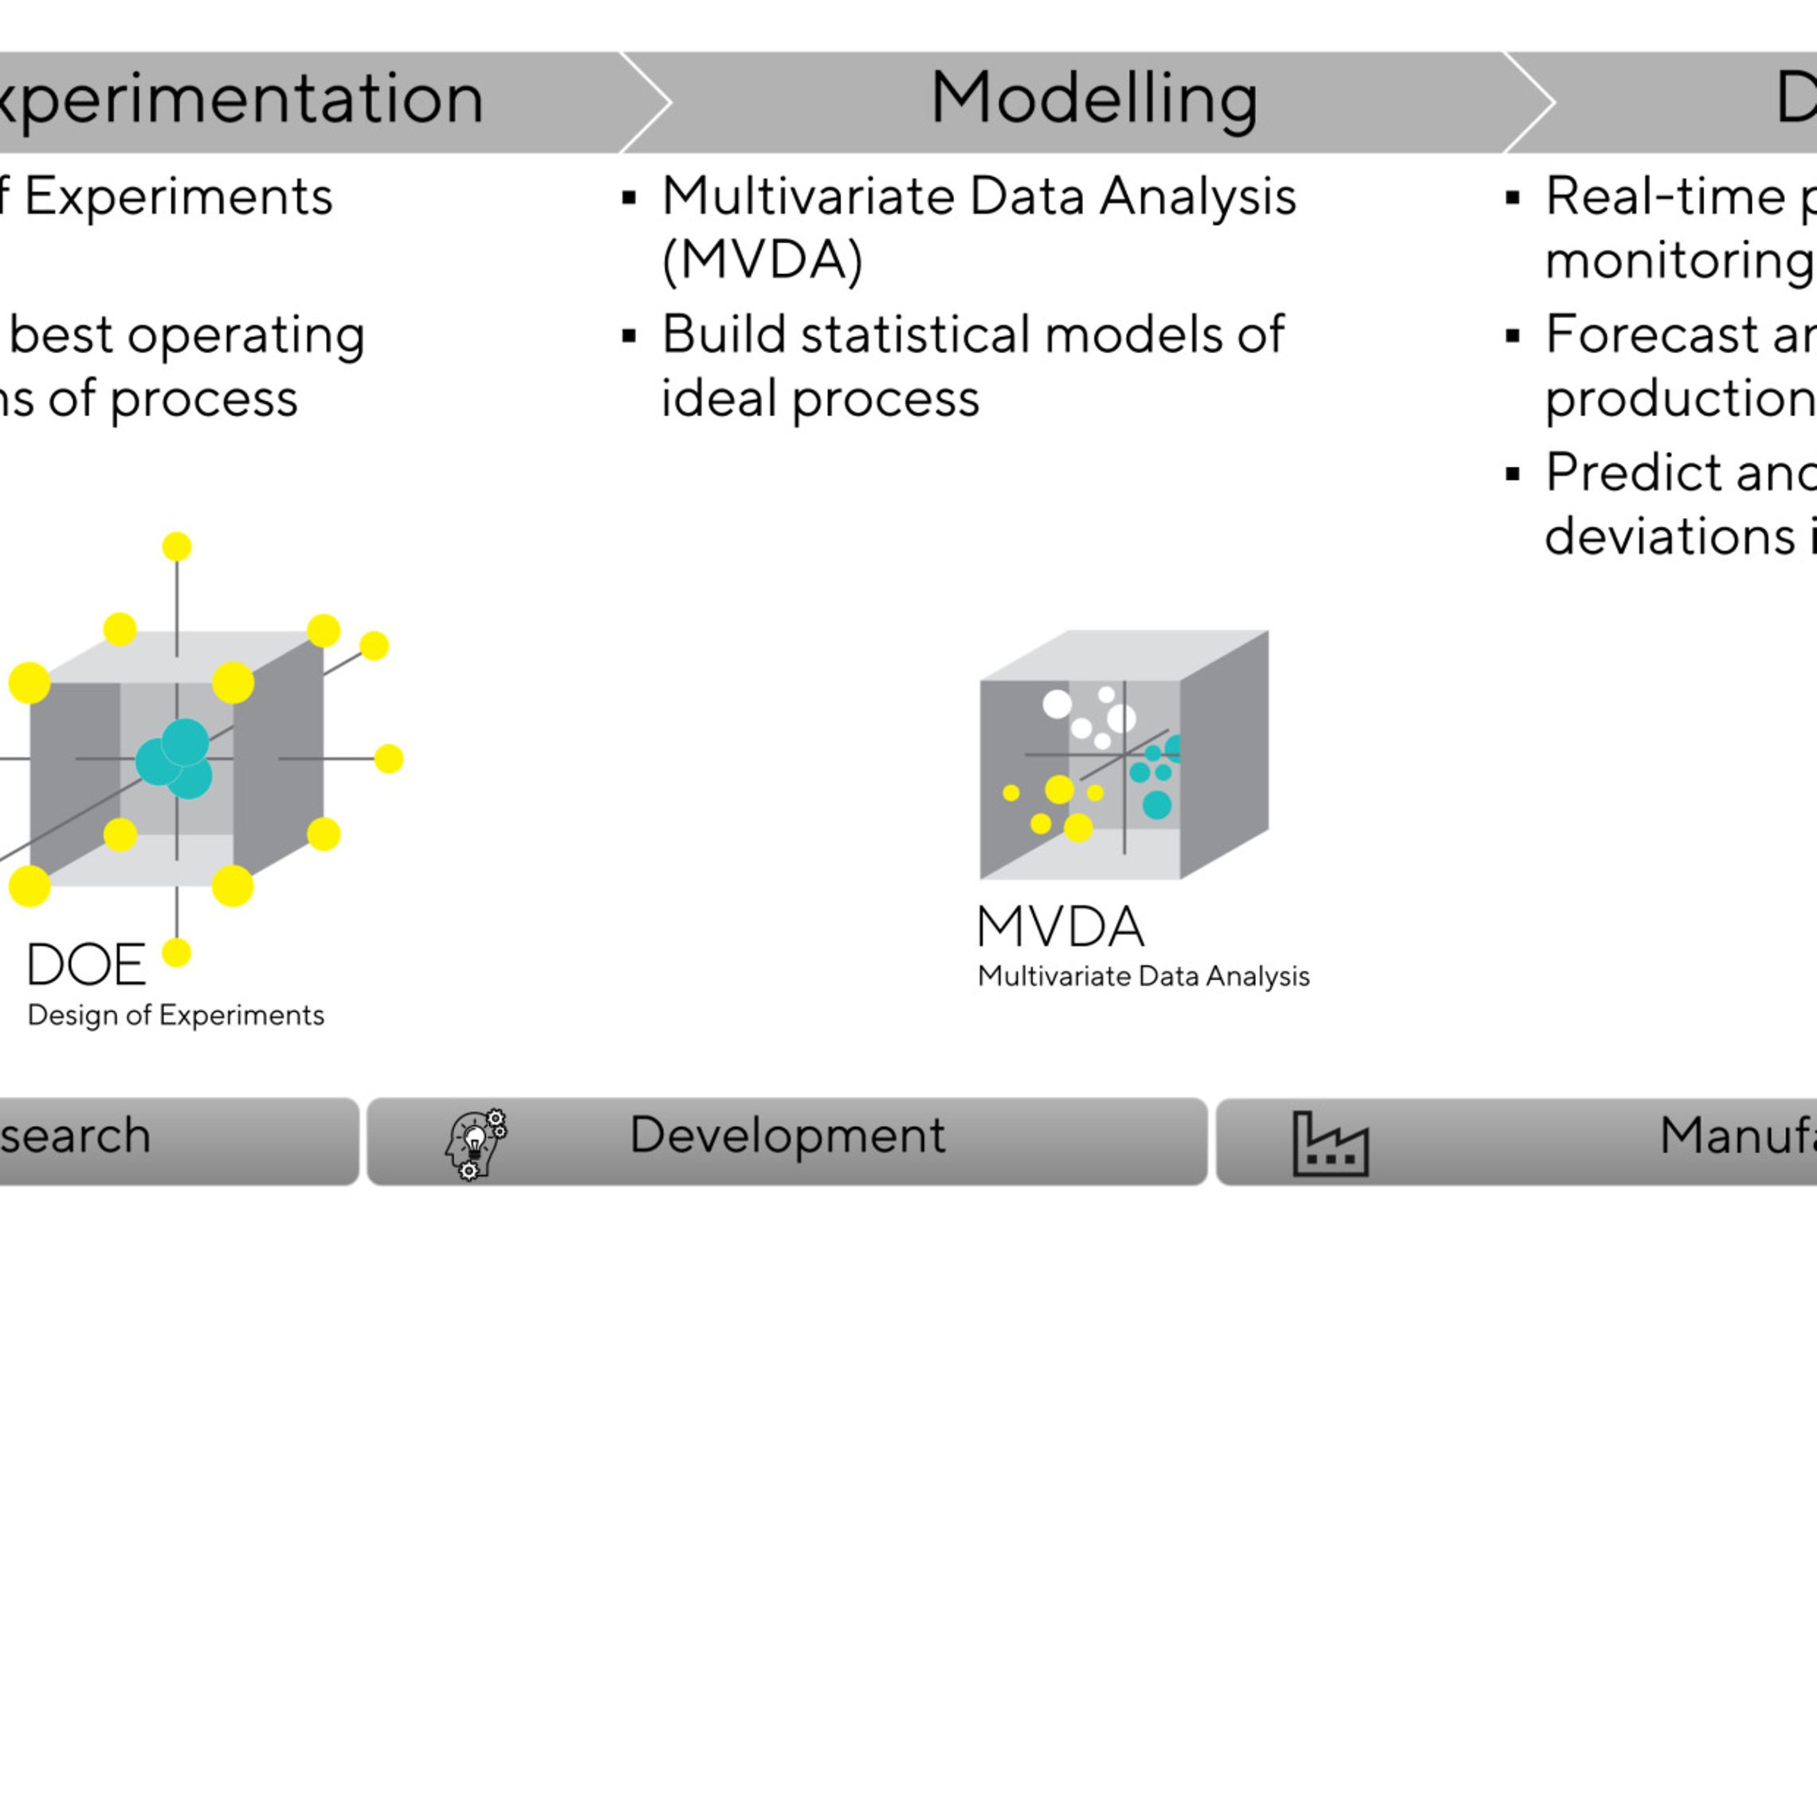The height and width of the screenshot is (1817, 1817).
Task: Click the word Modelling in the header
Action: (1093, 99)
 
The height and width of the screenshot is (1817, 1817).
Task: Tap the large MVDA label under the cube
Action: (1061, 928)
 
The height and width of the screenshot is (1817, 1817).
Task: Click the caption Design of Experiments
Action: (176, 1014)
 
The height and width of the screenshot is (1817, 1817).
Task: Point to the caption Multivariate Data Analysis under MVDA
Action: (1143, 976)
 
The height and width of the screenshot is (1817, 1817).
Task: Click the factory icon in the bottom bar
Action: (1330, 1143)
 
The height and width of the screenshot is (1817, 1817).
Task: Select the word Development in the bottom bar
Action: (787, 1135)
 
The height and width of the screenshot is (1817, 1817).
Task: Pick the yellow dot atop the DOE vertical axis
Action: (177, 547)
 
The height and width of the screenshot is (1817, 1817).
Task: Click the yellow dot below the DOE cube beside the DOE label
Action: (177, 952)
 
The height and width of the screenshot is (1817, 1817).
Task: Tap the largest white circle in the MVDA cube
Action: (1121, 719)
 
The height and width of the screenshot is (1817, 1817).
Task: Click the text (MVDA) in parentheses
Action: (762, 260)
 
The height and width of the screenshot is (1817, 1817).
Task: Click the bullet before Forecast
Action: (1513, 336)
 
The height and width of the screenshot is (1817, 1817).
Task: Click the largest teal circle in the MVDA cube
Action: (1157, 805)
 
